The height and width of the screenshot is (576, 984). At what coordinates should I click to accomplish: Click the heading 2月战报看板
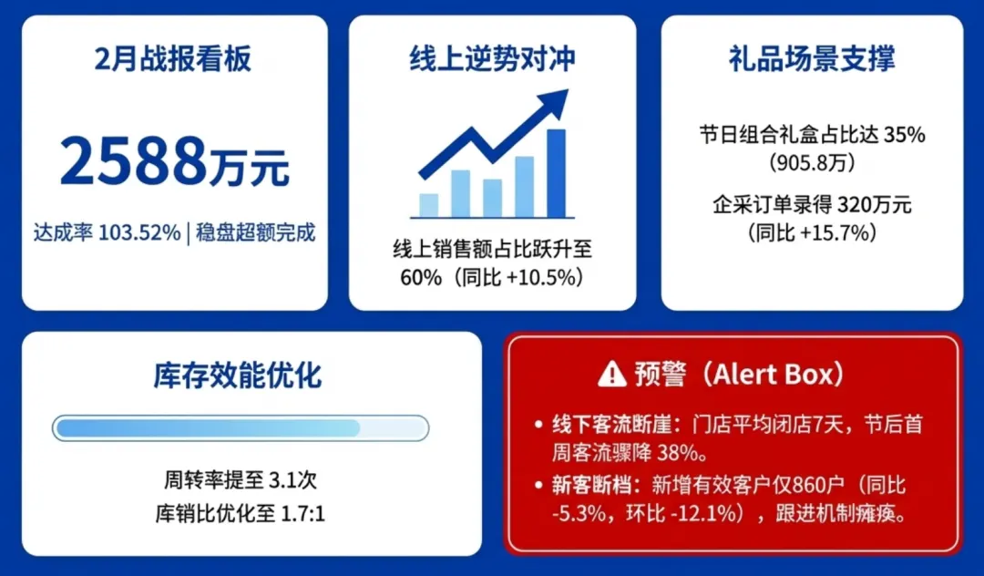click(x=173, y=59)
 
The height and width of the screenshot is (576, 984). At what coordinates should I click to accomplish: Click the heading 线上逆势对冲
click(x=492, y=59)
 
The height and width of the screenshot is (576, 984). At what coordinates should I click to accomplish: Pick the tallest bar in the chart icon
click(x=556, y=173)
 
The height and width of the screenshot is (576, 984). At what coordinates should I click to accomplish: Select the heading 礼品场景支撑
click(x=811, y=59)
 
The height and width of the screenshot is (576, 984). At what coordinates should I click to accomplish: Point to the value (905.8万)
click(x=811, y=163)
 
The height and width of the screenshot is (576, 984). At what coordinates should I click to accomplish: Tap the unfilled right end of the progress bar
click(x=394, y=428)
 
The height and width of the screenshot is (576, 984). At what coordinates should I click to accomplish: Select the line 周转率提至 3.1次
click(x=241, y=478)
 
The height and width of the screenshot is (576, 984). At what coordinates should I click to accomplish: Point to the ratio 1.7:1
click(x=303, y=514)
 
